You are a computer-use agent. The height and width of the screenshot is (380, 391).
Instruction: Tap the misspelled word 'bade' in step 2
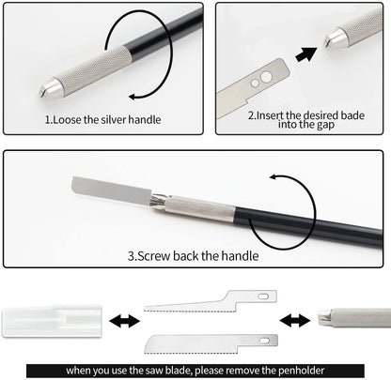[x=352, y=115]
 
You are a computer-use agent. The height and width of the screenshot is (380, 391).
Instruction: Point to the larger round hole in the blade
[x=266, y=77]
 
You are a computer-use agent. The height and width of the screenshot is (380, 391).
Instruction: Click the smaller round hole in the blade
[x=255, y=84]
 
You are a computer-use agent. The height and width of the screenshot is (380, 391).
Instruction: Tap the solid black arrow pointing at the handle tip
[x=305, y=54]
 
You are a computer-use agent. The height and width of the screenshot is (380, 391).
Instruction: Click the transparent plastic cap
[x=52, y=321]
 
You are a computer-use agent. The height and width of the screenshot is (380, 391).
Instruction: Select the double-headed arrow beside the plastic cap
[x=125, y=322]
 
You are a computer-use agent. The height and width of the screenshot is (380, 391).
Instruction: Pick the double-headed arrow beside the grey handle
[x=294, y=321]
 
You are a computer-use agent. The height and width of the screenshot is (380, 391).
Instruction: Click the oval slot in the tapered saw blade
[x=264, y=296]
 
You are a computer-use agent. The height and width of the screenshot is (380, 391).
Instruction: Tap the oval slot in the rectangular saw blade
[x=265, y=340]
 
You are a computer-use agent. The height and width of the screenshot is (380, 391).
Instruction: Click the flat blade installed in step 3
[x=112, y=190]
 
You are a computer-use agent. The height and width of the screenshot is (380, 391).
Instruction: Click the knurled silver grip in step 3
[x=200, y=208]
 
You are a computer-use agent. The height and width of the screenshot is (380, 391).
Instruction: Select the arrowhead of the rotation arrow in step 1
[x=133, y=97]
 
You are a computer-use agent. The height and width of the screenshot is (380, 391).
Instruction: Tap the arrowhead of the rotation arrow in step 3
[x=274, y=177]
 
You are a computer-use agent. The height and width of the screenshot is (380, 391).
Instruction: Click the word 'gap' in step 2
[x=325, y=125]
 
